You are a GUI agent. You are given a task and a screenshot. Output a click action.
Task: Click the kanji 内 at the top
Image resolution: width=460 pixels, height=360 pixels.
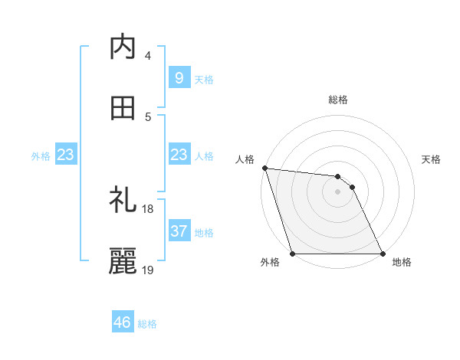coord(123,47)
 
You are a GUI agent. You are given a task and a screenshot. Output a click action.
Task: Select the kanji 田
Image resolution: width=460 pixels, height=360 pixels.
coord(123,109)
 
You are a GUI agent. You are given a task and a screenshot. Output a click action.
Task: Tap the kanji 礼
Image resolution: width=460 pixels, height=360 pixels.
coord(123,201)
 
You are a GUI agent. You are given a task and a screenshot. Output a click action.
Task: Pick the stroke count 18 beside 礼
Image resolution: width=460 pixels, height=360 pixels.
coord(148,208)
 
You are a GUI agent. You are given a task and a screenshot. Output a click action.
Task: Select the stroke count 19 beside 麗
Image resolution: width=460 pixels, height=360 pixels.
coord(148,270)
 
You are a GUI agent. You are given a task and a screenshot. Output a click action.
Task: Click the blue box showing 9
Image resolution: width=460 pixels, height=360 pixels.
coord(179,77)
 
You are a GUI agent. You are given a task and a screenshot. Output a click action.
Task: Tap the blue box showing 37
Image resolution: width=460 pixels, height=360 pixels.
coord(179,231)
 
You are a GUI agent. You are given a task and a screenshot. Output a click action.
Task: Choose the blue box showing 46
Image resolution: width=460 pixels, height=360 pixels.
coord(123,322)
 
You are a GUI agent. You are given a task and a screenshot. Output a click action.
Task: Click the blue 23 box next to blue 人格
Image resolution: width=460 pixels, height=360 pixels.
coord(179,155)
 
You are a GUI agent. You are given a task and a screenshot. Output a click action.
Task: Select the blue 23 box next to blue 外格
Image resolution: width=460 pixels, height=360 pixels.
coord(66,155)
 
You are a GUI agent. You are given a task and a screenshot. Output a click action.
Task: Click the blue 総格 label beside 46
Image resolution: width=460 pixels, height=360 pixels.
coord(147,324)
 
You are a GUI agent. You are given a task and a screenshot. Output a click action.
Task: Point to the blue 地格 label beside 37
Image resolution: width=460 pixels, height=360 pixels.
coord(204,232)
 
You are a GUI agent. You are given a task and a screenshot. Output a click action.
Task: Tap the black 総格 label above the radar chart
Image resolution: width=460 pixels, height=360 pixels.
coord(338,100)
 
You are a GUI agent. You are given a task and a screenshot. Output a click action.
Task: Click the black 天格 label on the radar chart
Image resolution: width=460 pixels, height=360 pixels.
coord(432,159)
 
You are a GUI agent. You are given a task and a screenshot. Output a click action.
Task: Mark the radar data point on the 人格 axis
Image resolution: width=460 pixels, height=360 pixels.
coord(264,168)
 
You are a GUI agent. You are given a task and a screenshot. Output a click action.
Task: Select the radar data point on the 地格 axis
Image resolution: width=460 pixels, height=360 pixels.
coord(383,254)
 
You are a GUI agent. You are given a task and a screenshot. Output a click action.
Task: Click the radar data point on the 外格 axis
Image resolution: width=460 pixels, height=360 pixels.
coord(293,254)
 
